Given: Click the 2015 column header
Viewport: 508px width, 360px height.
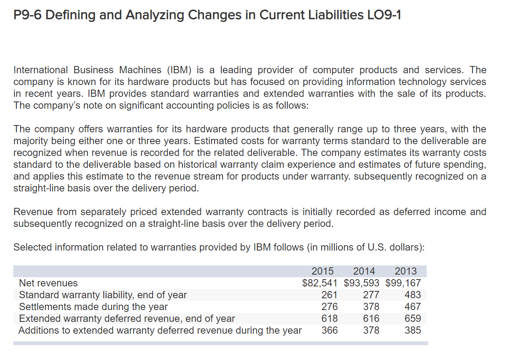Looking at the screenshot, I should pyautogui.click(x=323, y=271).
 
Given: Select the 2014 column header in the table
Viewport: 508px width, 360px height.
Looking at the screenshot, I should pyautogui.click(x=364, y=271).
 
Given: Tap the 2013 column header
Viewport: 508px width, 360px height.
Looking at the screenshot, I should pyautogui.click(x=406, y=271).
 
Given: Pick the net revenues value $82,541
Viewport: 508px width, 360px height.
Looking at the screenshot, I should pyautogui.click(x=319, y=283).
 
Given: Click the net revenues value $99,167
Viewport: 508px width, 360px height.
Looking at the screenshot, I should pyautogui.click(x=403, y=283).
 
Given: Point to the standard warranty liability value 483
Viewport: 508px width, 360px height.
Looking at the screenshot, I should pyautogui.click(x=413, y=295).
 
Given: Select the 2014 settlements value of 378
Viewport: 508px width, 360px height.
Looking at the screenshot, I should pyautogui.click(x=371, y=307).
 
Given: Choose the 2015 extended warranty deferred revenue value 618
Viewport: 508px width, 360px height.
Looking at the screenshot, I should pyautogui.click(x=329, y=318).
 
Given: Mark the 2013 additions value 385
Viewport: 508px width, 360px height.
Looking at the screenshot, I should pyautogui.click(x=413, y=330).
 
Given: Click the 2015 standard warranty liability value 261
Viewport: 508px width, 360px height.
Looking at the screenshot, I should pyautogui.click(x=329, y=295).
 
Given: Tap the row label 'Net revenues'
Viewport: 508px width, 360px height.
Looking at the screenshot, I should pyautogui.click(x=48, y=283).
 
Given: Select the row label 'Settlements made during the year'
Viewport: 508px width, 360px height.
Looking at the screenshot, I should pyautogui.click(x=93, y=307).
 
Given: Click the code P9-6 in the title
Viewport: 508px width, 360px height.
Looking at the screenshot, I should pyautogui.click(x=27, y=15).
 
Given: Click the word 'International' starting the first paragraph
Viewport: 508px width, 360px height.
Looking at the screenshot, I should pyautogui.click(x=40, y=70).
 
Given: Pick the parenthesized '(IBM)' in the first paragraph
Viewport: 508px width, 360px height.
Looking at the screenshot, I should pyautogui.click(x=179, y=70).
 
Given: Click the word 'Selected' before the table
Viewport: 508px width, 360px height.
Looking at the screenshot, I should pyautogui.click(x=32, y=247).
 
